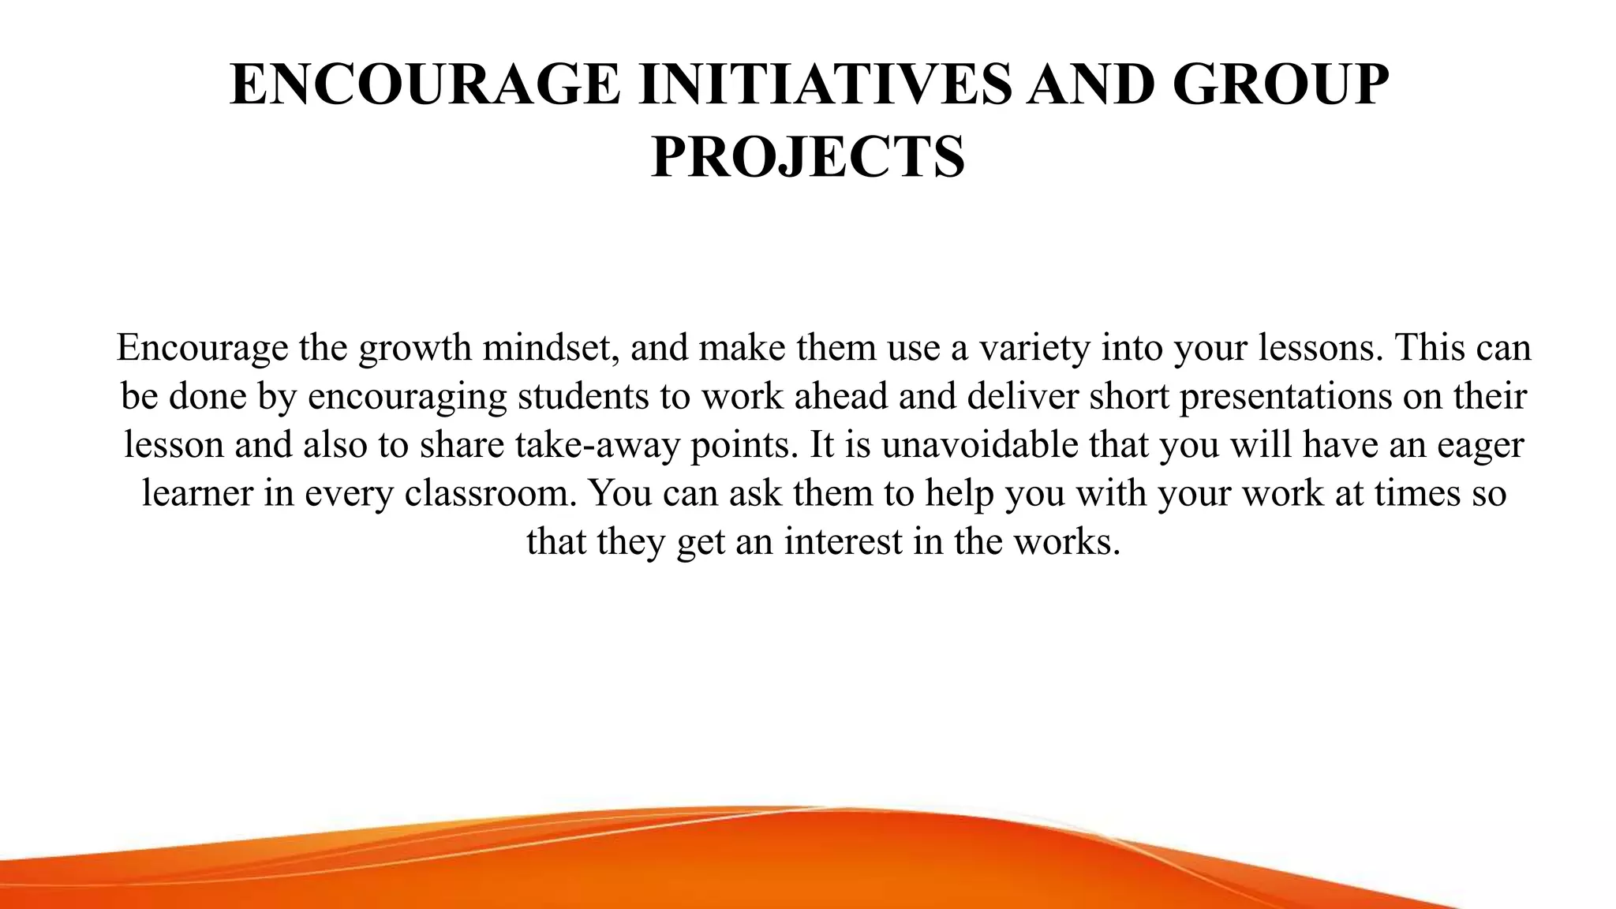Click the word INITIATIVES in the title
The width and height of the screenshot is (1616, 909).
(x=824, y=84)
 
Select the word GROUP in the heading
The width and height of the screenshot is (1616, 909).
(x=1280, y=84)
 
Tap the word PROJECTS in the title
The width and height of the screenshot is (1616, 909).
(x=808, y=157)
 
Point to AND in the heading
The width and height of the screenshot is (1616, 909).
(x=1091, y=84)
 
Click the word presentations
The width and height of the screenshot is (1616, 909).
(x=1285, y=396)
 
